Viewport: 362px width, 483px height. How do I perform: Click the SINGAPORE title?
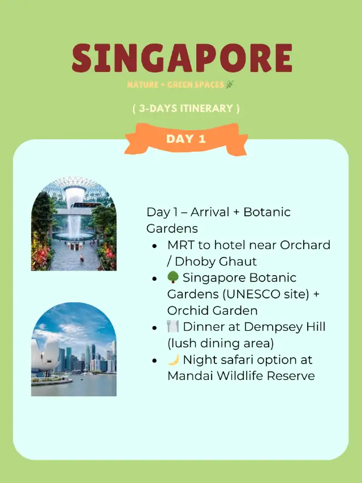click(182, 58)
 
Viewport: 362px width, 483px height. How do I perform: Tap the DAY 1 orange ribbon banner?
click(186, 139)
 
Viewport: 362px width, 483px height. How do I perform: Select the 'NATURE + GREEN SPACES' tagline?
click(175, 85)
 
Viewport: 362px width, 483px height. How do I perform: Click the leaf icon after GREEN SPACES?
click(229, 85)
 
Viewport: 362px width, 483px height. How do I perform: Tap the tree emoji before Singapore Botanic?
click(173, 278)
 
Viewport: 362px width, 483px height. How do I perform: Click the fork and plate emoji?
click(173, 327)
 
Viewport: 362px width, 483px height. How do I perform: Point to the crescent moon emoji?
click(173, 360)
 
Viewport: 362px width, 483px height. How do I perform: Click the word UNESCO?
click(240, 294)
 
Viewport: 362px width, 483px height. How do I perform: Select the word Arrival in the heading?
click(210, 212)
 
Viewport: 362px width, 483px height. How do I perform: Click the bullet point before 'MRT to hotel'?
click(154, 246)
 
